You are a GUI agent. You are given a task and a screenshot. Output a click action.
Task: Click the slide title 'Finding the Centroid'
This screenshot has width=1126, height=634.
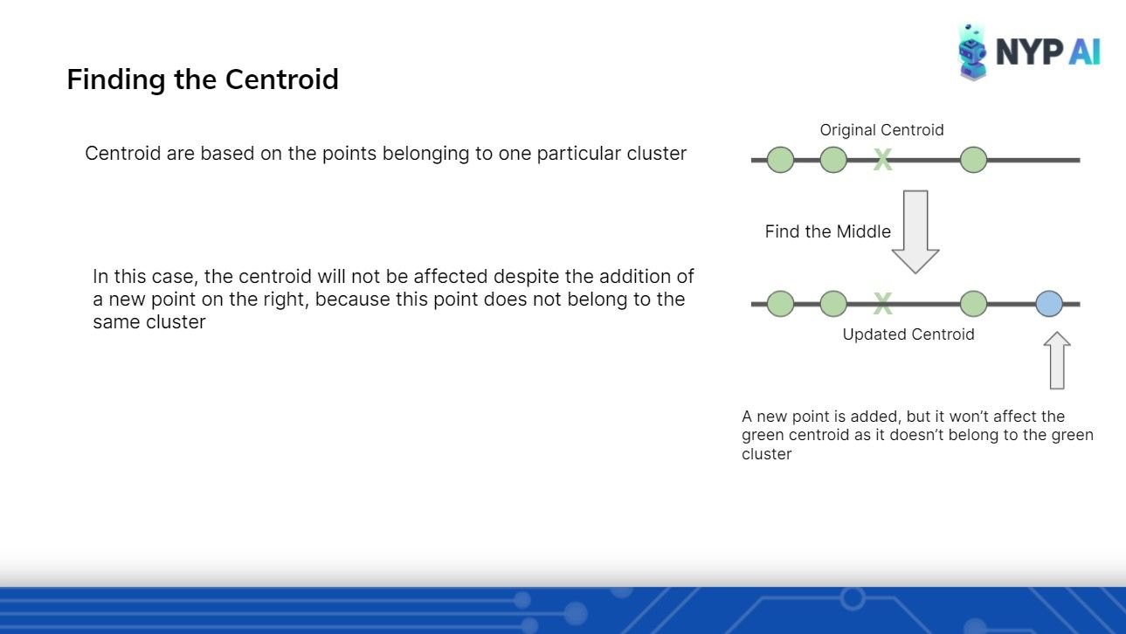[203, 79]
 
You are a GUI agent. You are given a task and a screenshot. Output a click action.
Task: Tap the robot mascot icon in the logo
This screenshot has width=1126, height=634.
[972, 52]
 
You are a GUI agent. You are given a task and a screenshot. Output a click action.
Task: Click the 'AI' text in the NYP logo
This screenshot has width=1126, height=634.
[1085, 52]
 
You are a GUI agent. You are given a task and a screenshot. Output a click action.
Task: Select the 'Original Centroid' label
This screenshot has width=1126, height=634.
[881, 130]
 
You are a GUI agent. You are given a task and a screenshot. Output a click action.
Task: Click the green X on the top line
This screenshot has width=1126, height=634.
[882, 160]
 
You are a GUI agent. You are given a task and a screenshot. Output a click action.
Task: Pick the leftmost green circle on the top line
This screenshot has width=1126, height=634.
[780, 160]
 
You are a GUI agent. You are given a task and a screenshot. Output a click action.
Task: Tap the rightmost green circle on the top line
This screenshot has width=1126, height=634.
[973, 160]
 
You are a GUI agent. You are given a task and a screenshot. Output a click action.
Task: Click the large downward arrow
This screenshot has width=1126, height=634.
[915, 231]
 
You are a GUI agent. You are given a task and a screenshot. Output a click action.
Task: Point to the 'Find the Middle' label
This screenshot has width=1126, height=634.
[827, 231]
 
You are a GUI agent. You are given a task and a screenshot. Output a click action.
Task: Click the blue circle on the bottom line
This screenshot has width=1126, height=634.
[1049, 303]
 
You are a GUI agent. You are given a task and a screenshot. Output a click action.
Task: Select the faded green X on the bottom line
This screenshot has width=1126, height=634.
[882, 303]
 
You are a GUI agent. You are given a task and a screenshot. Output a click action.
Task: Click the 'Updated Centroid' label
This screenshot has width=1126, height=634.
[908, 334]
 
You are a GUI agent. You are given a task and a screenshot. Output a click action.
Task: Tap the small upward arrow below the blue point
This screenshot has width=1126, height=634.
[1057, 360]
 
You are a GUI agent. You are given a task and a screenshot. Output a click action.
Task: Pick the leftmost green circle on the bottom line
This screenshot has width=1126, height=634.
[780, 303]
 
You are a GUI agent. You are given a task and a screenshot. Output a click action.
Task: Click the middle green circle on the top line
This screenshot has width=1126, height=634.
[833, 160]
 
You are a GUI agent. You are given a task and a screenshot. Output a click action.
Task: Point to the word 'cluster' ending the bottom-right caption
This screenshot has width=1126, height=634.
[767, 454]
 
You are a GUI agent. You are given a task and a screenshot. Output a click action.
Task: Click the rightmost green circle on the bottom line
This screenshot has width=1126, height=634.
[973, 303]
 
